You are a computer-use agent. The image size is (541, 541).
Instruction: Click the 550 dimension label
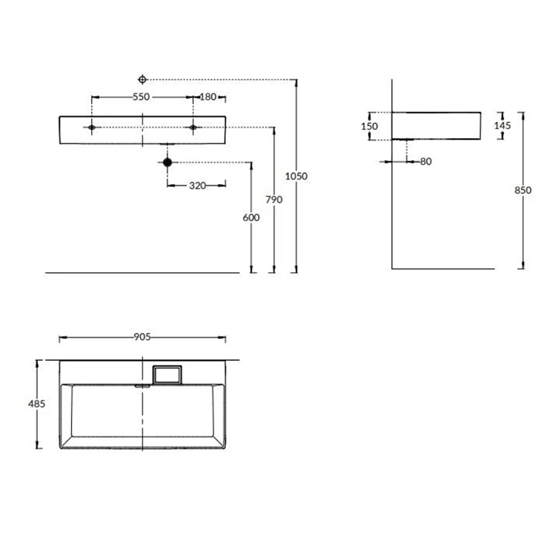141,97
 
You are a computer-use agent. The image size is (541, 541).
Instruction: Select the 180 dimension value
208,97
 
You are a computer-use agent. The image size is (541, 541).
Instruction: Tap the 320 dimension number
198,185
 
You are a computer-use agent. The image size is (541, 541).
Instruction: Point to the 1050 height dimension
296,176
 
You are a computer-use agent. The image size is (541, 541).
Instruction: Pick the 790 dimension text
274,199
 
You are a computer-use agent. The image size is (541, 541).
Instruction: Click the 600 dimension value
251,218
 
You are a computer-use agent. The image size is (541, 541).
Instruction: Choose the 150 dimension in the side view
369,126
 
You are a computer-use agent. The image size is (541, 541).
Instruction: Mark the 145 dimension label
502,125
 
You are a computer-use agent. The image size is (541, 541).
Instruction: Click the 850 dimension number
523,190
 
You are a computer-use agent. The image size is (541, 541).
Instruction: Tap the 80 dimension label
426,162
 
